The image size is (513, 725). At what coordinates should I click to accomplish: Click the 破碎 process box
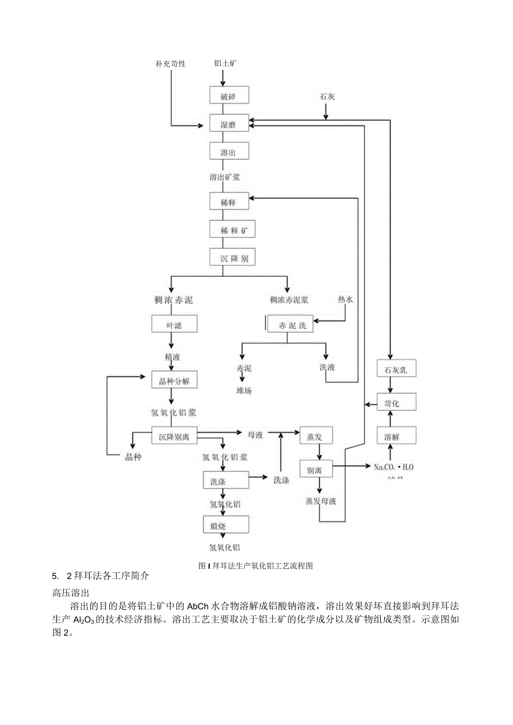click(228, 96)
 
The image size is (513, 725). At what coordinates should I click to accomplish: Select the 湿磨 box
click(228, 124)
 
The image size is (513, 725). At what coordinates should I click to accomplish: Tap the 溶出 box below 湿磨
click(228, 152)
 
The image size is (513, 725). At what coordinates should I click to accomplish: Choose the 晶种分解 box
click(174, 382)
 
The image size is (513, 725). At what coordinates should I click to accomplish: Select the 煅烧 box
click(225, 525)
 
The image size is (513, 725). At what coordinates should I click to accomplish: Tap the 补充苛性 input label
click(170, 64)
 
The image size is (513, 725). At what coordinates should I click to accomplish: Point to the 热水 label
click(345, 300)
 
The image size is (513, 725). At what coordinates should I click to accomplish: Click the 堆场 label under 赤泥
click(244, 391)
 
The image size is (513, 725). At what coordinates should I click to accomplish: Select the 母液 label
click(255, 435)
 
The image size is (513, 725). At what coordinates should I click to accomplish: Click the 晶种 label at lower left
click(133, 456)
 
